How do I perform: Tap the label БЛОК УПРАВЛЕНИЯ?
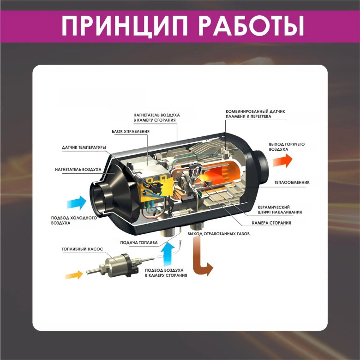131,132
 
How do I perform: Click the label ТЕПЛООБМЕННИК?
292,183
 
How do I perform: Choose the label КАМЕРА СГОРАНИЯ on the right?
271,223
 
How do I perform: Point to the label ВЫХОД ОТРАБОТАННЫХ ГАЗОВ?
218,234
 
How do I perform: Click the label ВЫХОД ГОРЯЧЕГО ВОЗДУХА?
287,147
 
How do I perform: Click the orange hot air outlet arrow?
282,160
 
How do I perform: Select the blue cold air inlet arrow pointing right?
76,202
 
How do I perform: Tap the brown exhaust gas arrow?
201,261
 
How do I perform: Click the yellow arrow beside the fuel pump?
73,275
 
